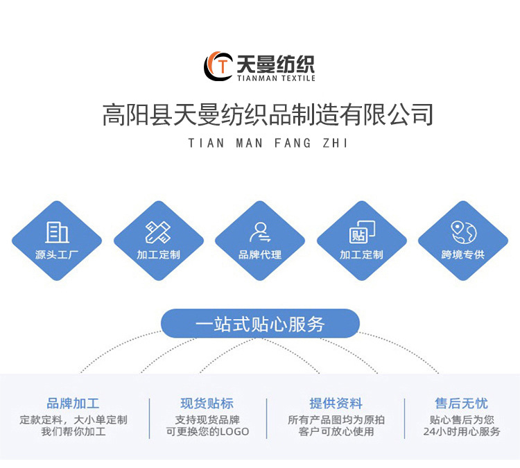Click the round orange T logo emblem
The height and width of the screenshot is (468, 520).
[218, 66]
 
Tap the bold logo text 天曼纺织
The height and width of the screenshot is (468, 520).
[275, 64]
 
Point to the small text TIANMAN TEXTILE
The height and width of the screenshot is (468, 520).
[275, 78]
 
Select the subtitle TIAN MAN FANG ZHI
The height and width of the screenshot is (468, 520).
[268, 144]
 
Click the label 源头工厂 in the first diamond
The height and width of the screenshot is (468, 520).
[57, 254]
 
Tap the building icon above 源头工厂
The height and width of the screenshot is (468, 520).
[57, 232]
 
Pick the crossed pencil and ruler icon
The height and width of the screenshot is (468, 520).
[158, 232]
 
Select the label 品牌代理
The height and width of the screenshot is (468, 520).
[260, 254]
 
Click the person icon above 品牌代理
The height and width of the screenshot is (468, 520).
[260, 232]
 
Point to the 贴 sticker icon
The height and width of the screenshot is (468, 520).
[361, 232]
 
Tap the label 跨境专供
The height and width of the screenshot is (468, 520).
[462, 254]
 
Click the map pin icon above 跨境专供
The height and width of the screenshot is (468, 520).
[462, 232]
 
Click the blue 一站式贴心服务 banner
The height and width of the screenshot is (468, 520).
[260, 324]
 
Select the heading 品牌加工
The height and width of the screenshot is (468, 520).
[73, 404]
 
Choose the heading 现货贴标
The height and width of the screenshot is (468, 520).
[207, 404]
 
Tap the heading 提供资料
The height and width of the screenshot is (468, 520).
[336, 404]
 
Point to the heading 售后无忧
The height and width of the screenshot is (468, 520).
[461, 404]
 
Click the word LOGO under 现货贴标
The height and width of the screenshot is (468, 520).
[234, 431]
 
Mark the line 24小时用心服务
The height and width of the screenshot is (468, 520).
[461, 431]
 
